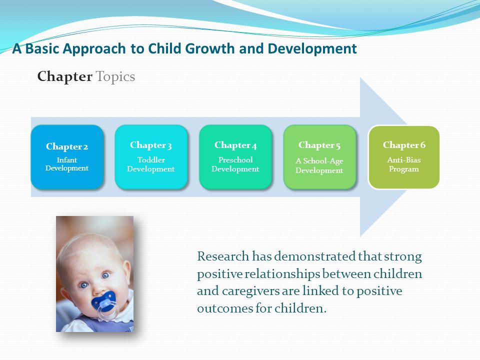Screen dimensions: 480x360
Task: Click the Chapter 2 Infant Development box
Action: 67,157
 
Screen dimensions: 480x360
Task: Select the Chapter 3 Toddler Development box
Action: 151,157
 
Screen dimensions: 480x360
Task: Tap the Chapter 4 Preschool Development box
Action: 235,157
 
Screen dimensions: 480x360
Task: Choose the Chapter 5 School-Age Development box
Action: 319,157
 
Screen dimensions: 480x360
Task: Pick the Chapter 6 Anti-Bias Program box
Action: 404,157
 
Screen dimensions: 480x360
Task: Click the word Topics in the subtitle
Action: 115,77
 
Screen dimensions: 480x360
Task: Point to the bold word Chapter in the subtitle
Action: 64,76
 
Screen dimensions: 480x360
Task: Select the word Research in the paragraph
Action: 223,256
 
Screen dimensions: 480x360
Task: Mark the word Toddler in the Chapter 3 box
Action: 151,160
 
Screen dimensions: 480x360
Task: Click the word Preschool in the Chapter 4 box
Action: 235,160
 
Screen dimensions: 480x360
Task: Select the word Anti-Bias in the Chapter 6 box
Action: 404,160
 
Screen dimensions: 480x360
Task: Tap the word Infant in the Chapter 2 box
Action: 66,160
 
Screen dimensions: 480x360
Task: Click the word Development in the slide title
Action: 312,48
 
